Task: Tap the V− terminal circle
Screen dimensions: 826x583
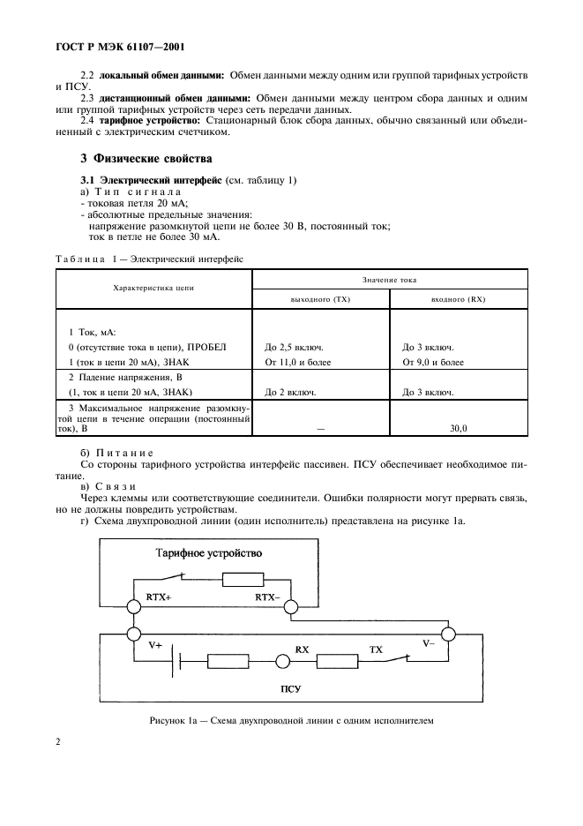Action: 448,634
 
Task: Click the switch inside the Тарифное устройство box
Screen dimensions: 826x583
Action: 170,578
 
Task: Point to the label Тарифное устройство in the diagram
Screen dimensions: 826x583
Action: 208,553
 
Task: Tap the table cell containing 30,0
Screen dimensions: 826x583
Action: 457,427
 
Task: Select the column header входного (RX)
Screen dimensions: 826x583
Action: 458,299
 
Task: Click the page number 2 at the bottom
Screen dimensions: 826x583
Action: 58,742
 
